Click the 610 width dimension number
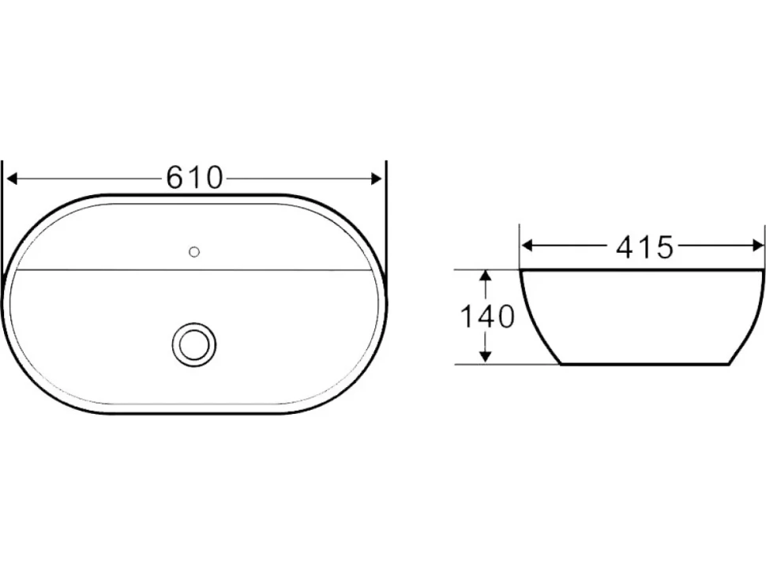[194, 178]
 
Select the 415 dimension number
[644, 247]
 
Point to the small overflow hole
[194, 252]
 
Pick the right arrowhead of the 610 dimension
[377, 179]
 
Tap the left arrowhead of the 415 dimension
[527, 246]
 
